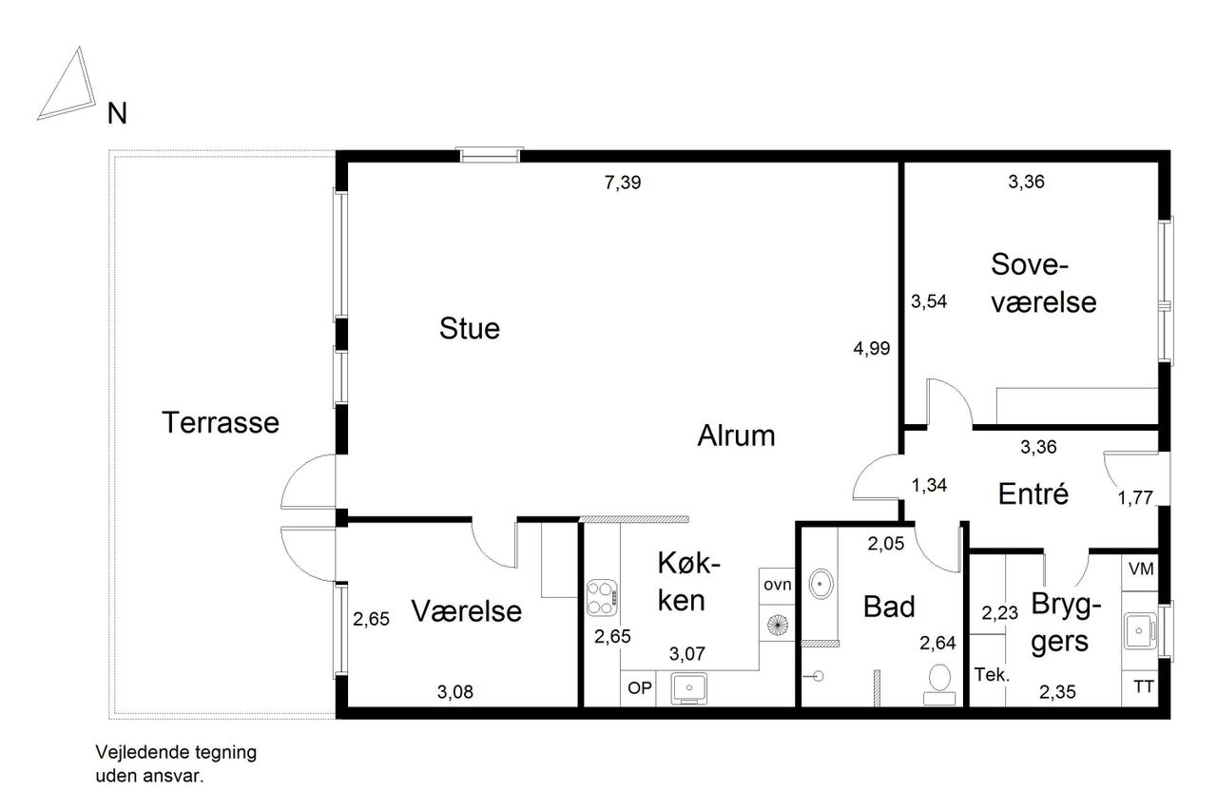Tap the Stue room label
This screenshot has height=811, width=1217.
click(470, 328)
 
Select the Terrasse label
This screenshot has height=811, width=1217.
click(221, 422)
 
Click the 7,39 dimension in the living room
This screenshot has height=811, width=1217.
click(623, 182)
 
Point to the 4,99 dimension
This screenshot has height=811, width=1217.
click(872, 348)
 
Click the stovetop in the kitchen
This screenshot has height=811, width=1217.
click(602, 597)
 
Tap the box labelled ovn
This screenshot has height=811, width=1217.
click(777, 586)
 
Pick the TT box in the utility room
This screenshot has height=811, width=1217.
click(1140, 688)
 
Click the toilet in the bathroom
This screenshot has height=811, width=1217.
click(939, 685)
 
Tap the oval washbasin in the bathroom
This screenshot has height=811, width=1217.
click(821, 585)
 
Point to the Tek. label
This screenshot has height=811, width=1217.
click(992, 675)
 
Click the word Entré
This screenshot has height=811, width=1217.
click(1033, 493)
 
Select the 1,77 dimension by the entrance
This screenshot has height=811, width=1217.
click(1135, 497)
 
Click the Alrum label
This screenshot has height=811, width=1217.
click(736, 435)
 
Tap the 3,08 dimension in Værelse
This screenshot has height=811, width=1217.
click(455, 691)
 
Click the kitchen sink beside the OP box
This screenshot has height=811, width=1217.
click(689, 688)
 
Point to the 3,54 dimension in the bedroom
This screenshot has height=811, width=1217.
click(929, 301)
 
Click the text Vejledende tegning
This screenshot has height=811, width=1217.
click(176, 752)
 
